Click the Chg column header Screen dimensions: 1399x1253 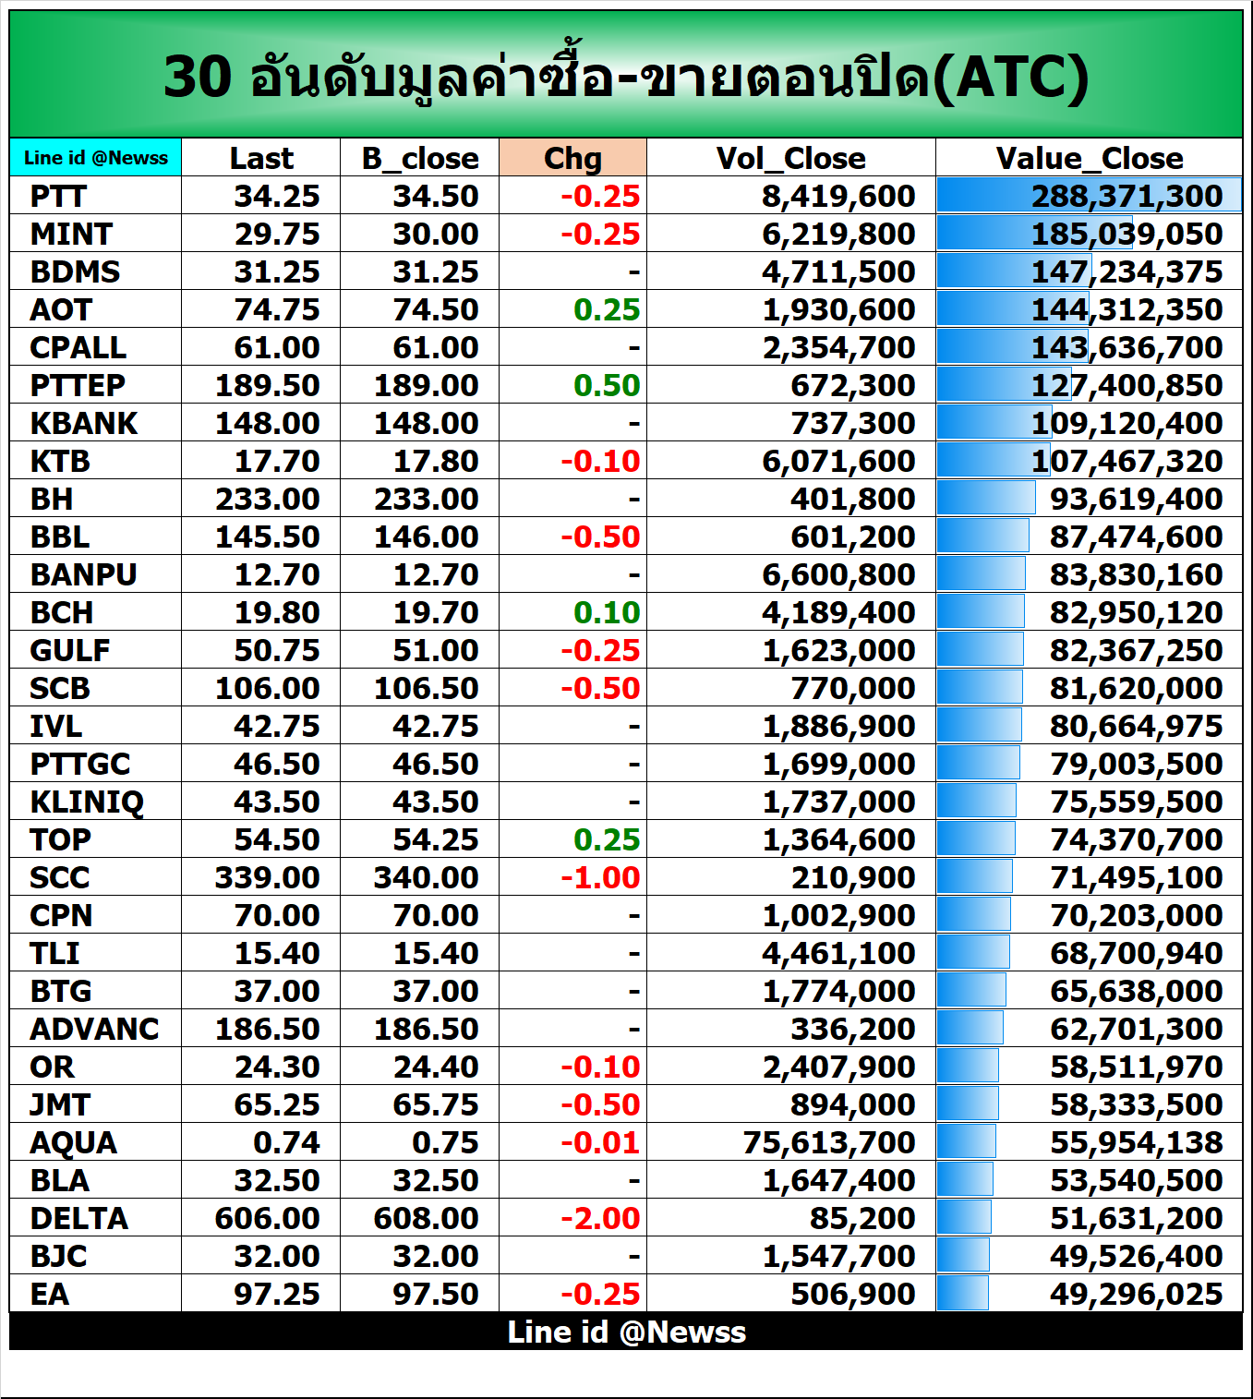572,158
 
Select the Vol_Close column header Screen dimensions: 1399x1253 790,158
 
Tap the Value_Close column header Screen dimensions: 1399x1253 1089,158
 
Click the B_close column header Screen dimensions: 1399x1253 420,158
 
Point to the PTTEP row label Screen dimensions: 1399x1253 78,385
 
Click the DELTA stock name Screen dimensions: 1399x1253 79,1218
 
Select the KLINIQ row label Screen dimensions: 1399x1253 87,802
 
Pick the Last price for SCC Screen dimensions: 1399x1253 267,877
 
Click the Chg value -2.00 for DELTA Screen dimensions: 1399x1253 600,1218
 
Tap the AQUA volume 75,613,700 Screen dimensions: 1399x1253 829,1142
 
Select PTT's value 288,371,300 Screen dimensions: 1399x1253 1126,196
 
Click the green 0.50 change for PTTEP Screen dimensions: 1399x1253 607,385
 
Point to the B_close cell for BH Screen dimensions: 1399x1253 426,499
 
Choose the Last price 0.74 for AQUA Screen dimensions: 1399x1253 286,1142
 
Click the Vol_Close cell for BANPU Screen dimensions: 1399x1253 838,574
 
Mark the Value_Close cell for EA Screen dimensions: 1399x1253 1136,1294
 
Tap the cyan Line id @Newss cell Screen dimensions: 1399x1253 96,158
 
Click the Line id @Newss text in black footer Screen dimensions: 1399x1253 626,1332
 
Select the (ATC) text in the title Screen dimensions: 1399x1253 1010,77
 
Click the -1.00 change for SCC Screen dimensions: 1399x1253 600,877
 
